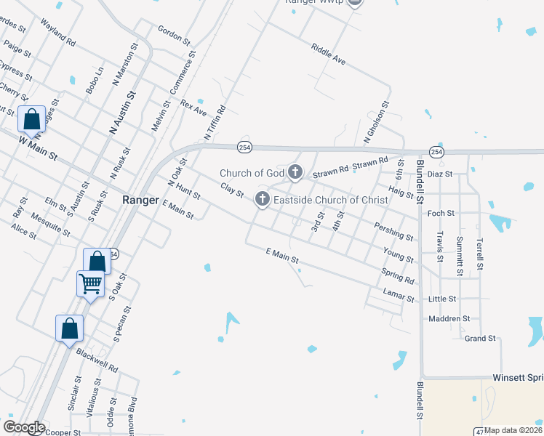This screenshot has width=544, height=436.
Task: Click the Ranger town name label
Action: coord(140,199)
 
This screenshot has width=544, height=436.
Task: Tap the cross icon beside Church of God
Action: coord(295,172)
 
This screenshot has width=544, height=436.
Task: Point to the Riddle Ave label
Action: coord(328,54)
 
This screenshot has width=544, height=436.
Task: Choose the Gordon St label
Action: coord(173,33)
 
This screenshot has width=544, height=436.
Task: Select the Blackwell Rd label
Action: coord(97,358)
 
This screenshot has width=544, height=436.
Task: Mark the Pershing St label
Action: coord(393,232)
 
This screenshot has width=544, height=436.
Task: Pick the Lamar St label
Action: coord(399,295)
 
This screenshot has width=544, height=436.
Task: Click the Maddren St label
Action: coord(449,318)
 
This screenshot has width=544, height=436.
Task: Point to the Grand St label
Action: coord(479,338)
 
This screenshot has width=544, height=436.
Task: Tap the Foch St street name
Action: coord(441,214)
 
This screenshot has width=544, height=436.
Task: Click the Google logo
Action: coord(23,427)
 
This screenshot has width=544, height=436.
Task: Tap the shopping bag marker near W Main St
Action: coord(32,118)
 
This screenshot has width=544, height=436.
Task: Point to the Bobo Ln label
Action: coord(95,80)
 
